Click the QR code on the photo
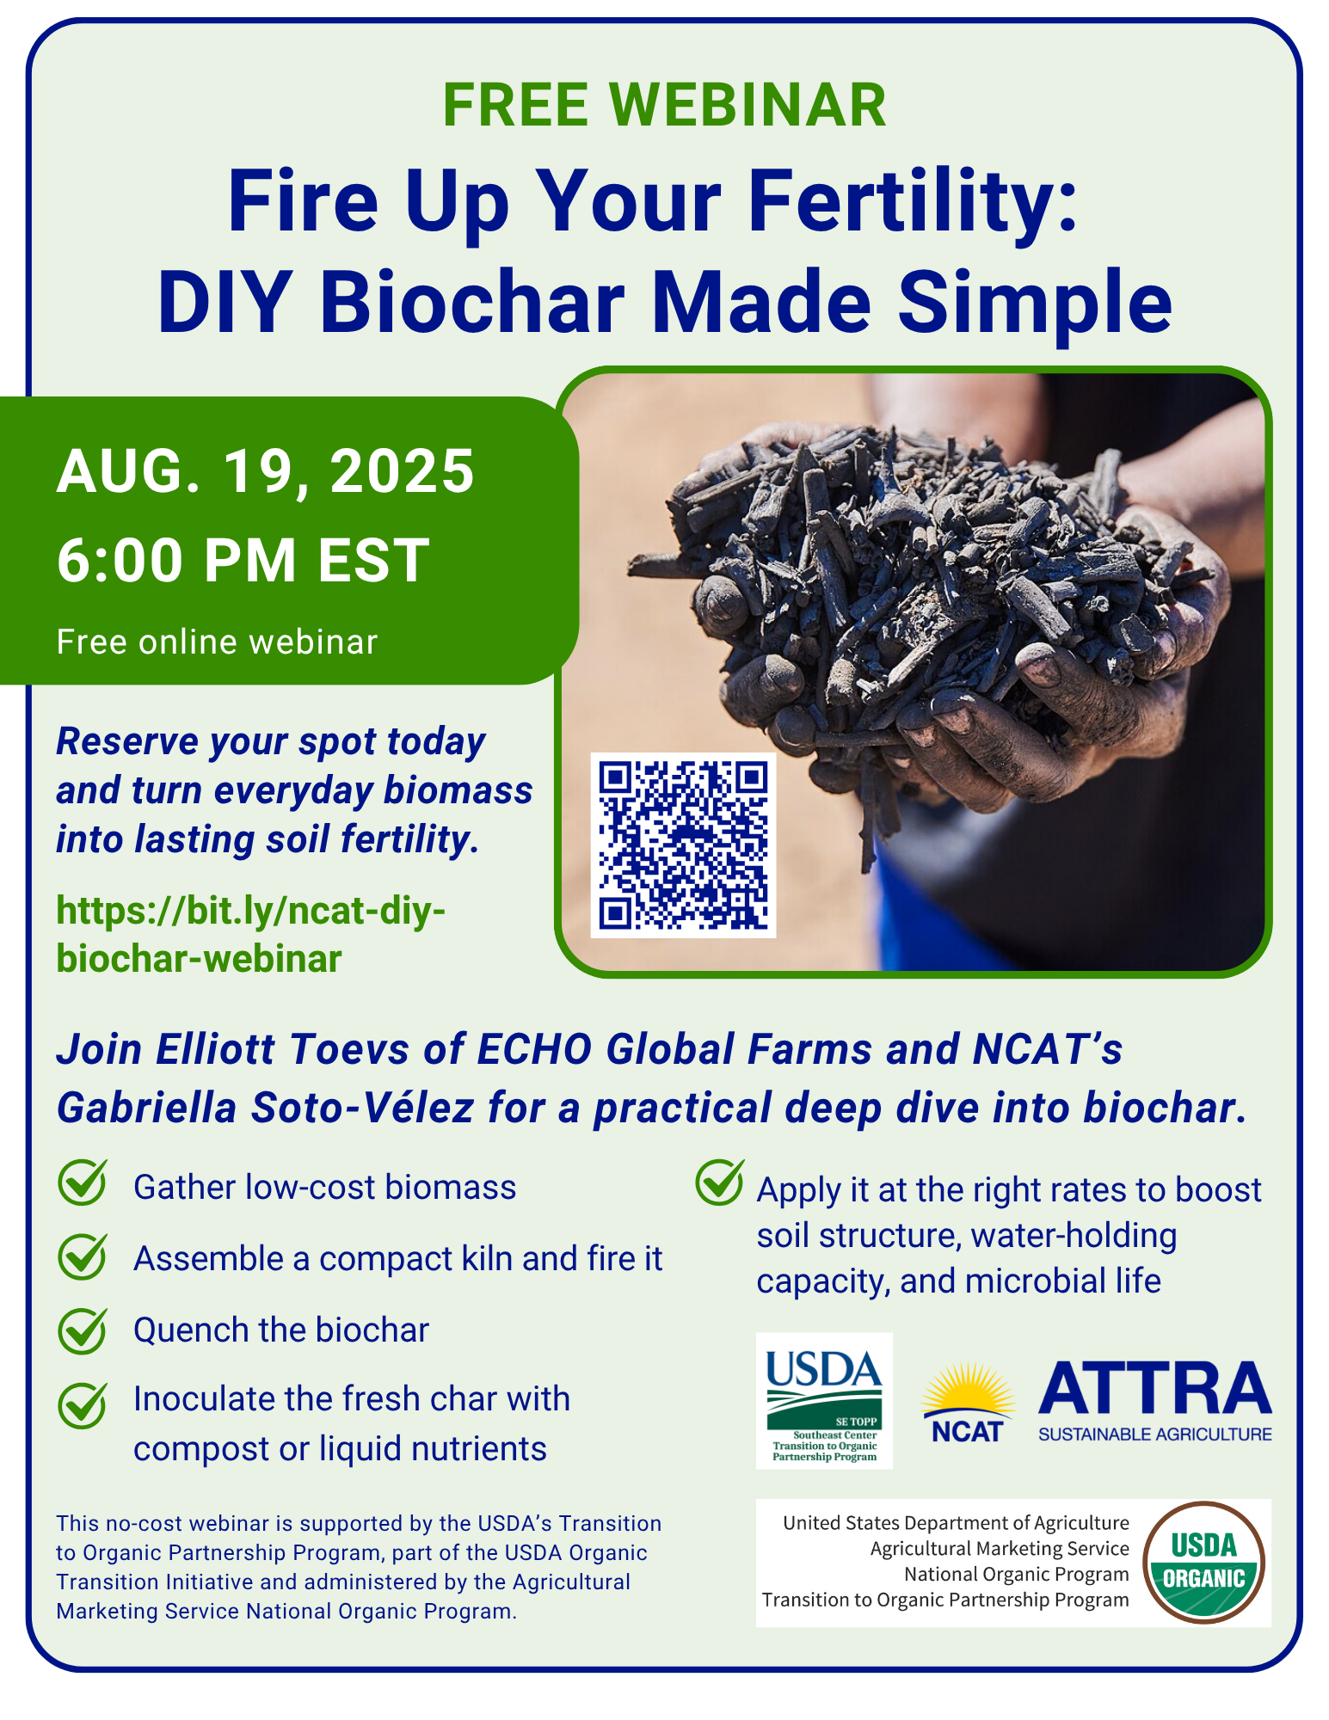683,845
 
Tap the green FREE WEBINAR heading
664,105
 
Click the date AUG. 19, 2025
265,471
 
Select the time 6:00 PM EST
243,560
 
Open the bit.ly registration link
251,935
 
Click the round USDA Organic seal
1203,1563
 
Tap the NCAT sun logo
968,1403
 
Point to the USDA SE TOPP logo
824,1400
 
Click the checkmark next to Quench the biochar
83,1330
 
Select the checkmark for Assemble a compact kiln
83,1256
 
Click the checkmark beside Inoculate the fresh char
83,1404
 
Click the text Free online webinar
217,642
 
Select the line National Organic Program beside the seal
1016,1574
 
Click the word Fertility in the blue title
913,203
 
